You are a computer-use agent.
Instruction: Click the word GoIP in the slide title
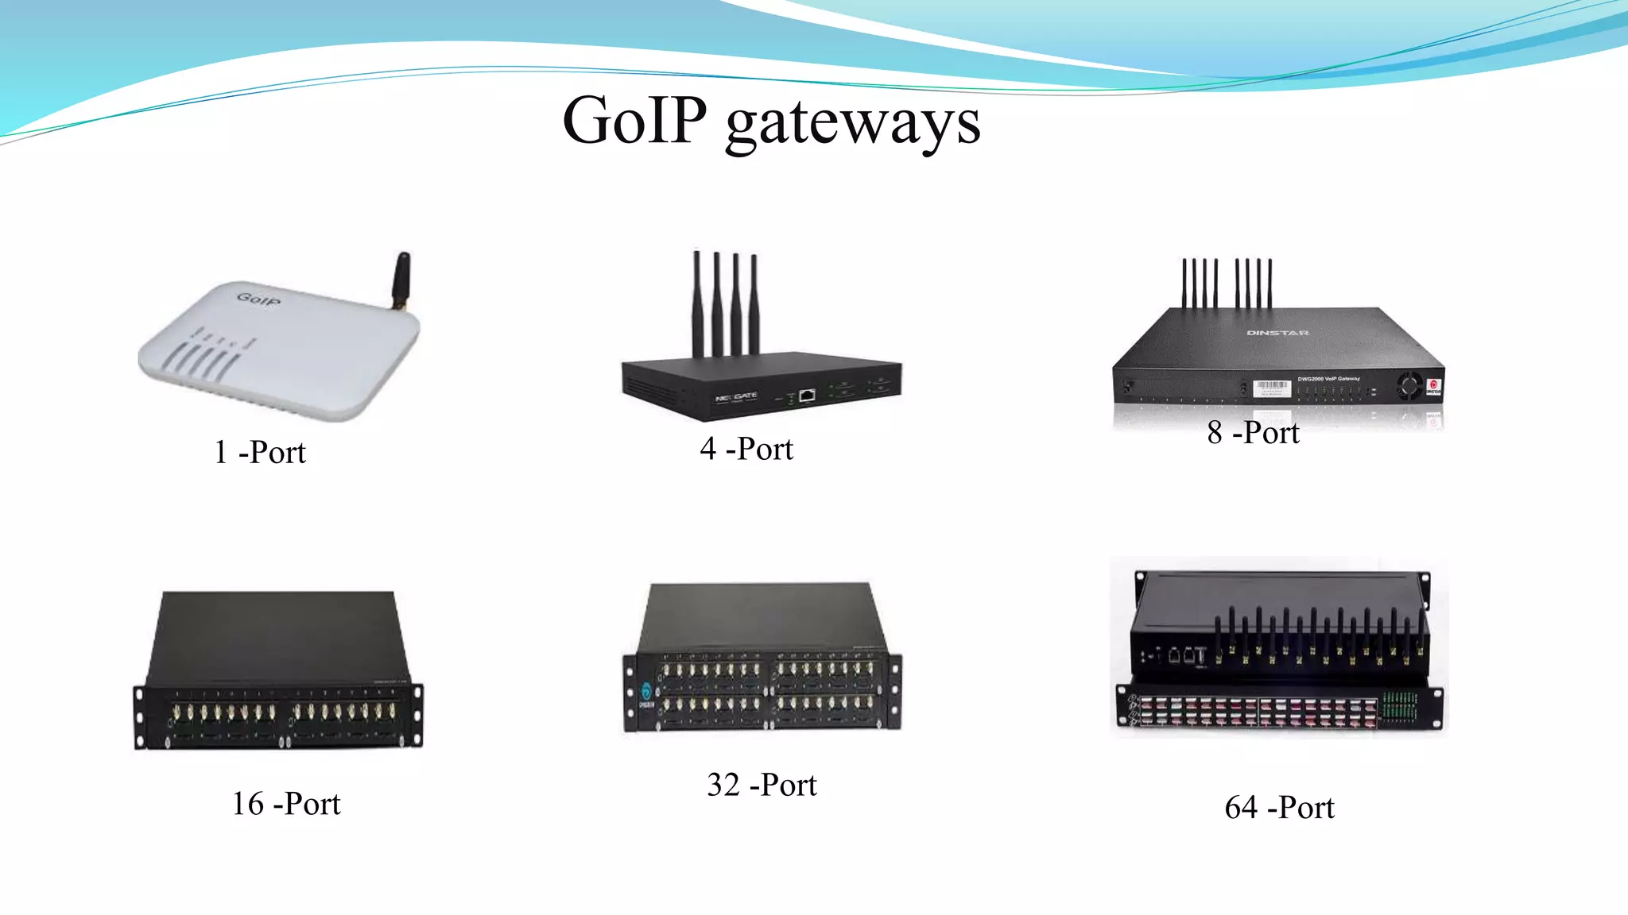[x=634, y=121]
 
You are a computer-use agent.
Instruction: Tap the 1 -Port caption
[x=260, y=453]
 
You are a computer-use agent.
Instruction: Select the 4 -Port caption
[x=746, y=449]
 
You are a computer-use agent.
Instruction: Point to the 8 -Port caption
[x=1253, y=433]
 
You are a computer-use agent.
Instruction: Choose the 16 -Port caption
[x=285, y=804]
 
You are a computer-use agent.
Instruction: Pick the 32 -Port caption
[x=762, y=785]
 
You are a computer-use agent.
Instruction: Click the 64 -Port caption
[x=1279, y=808]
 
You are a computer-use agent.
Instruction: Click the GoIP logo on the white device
[x=258, y=299]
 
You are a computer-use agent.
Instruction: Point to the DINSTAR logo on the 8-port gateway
[x=1277, y=333]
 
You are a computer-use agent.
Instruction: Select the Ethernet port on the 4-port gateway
[x=807, y=395]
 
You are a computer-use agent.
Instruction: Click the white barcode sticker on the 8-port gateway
[x=1271, y=388]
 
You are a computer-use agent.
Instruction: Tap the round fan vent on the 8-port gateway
[x=1409, y=386]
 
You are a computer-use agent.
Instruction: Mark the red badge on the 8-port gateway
[x=1433, y=387]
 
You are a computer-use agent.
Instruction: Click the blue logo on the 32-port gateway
[x=645, y=692]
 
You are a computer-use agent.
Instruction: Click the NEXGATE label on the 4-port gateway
[x=736, y=396]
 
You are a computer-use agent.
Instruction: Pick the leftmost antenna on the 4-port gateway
[x=697, y=303]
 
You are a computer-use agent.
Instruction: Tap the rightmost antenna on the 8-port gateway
[x=1269, y=283]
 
